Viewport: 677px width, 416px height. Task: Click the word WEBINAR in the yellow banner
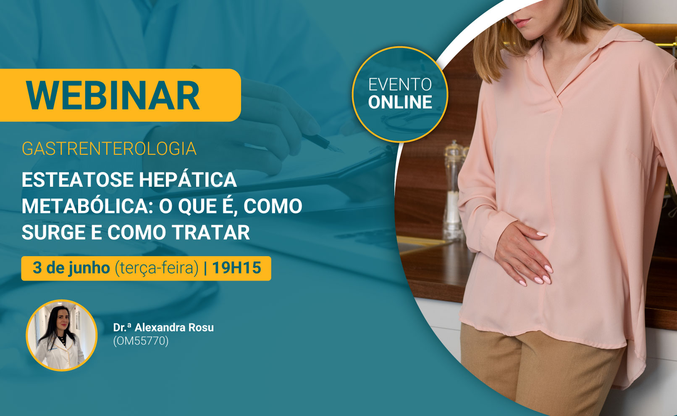click(113, 95)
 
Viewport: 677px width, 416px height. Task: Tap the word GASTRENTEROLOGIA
click(110, 148)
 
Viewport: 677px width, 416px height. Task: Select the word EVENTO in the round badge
click(400, 85)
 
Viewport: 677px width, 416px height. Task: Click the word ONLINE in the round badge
click(400, 102)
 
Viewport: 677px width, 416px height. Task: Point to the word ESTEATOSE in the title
click(78, 180)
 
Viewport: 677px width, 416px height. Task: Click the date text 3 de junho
click(71, 268)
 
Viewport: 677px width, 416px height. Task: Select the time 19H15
click(236, 268)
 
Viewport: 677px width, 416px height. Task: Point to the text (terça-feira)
click(157, 268)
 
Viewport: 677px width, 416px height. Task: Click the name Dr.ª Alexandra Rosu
click(163, 327)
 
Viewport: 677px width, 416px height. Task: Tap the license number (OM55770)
click(141, 341)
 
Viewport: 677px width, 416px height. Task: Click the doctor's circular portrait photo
click(62, 335)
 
